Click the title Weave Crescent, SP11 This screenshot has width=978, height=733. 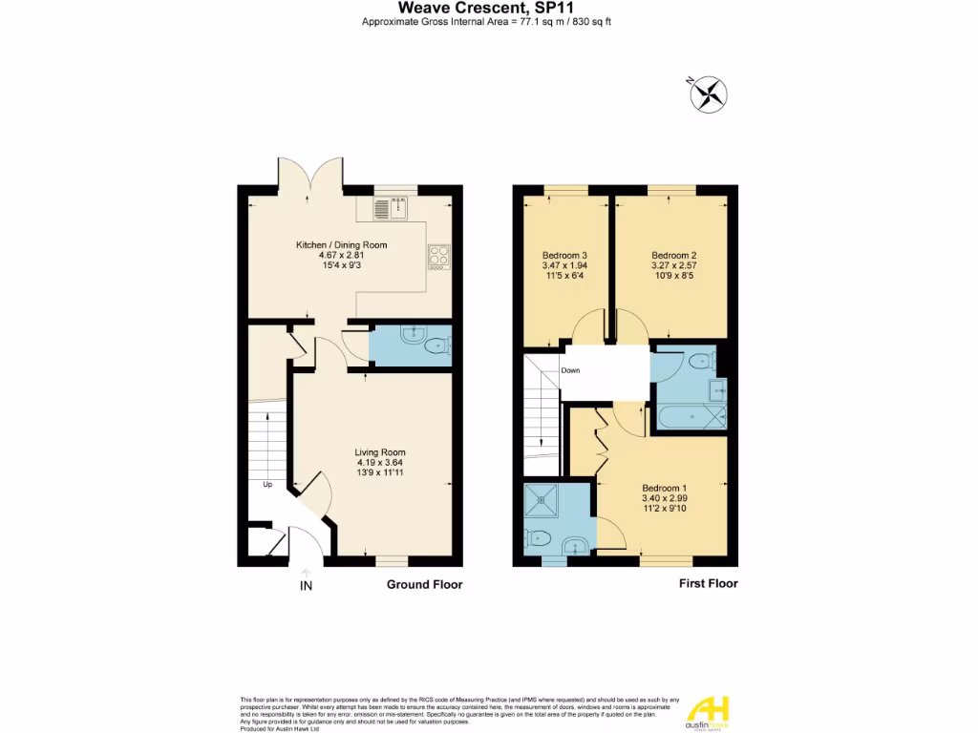click(488, 8)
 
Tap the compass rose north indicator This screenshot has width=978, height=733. click(709, 93)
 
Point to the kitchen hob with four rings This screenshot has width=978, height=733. click(439, 254)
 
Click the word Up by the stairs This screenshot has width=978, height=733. click(268, 485)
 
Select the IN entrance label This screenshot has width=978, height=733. click(307, 585)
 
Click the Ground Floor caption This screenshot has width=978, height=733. click(424, 584)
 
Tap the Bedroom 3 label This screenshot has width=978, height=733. click(564, 256)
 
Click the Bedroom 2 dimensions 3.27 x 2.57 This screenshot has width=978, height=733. click(673, 266)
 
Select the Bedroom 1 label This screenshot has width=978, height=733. click(665, 484)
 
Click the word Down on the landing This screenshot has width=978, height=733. click(570, 370)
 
